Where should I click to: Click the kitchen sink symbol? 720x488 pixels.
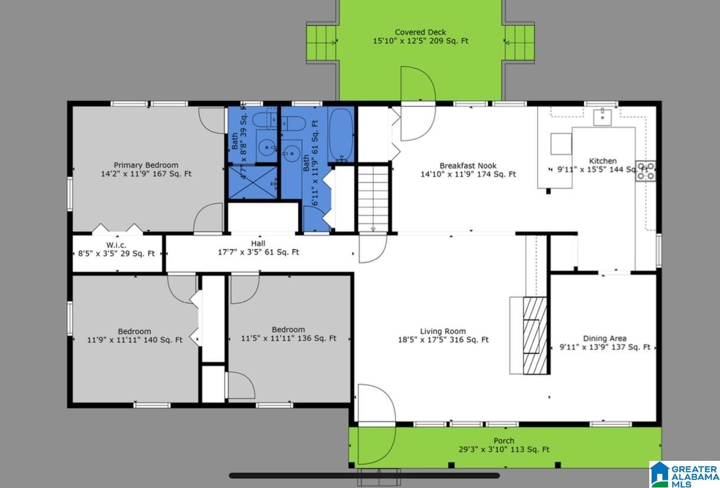(602, 117)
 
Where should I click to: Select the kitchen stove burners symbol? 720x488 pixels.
(646, 171)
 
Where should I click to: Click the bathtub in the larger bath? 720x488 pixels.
(341, 134)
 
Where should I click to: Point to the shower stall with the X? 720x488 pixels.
(252, 182)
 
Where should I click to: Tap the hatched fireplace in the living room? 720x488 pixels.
(535, 335)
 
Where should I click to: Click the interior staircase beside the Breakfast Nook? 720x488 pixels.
(373, 199)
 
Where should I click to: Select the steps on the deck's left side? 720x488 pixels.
(321, 43)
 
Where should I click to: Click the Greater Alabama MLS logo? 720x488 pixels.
(684, 474)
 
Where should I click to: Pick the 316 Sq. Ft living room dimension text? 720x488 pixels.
(443, 340)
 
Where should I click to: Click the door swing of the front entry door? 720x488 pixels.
(376, 424)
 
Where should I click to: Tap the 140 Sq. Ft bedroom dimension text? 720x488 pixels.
(134, 340)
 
